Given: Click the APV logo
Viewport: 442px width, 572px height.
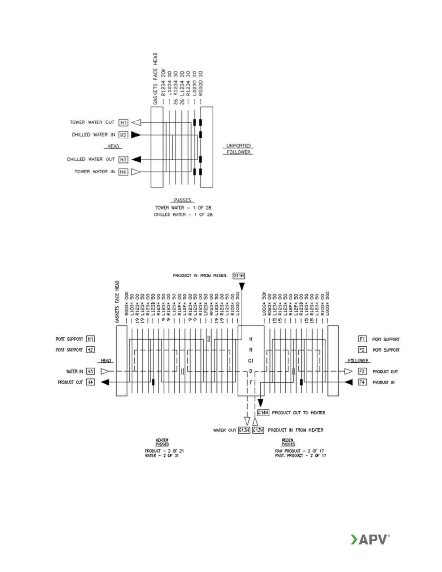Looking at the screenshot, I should [370, 539].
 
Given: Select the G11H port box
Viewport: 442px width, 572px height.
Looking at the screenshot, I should [239, 276].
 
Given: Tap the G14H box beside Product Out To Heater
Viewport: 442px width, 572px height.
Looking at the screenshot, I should [263, 412].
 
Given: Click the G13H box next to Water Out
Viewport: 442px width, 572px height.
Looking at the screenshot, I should [244, 430].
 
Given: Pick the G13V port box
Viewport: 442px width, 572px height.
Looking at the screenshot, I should [258, 430].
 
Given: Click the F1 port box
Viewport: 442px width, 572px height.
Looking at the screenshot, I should [362, 339].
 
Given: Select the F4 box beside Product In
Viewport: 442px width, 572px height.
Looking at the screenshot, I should [362, 382].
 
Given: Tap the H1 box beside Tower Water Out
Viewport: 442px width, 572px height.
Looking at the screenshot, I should [123, 122].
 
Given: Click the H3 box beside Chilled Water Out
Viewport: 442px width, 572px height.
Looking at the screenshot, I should [123, 159].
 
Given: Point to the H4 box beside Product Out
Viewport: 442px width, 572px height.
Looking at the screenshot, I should [90, 382].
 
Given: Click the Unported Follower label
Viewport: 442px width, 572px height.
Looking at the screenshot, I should [238, 149].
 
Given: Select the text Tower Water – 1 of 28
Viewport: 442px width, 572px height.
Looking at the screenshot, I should [183, 208].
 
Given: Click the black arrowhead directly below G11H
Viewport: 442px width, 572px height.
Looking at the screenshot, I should [242, 287].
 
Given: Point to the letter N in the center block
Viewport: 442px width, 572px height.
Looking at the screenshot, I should [251, 350].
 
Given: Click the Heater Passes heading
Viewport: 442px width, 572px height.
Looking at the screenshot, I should [162, 442].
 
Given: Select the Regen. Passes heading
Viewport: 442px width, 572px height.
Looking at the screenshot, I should [288, 442].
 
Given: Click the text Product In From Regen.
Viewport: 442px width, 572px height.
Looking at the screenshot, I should [200, 276].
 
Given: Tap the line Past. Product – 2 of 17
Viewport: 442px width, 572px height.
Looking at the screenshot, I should [300, 456].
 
